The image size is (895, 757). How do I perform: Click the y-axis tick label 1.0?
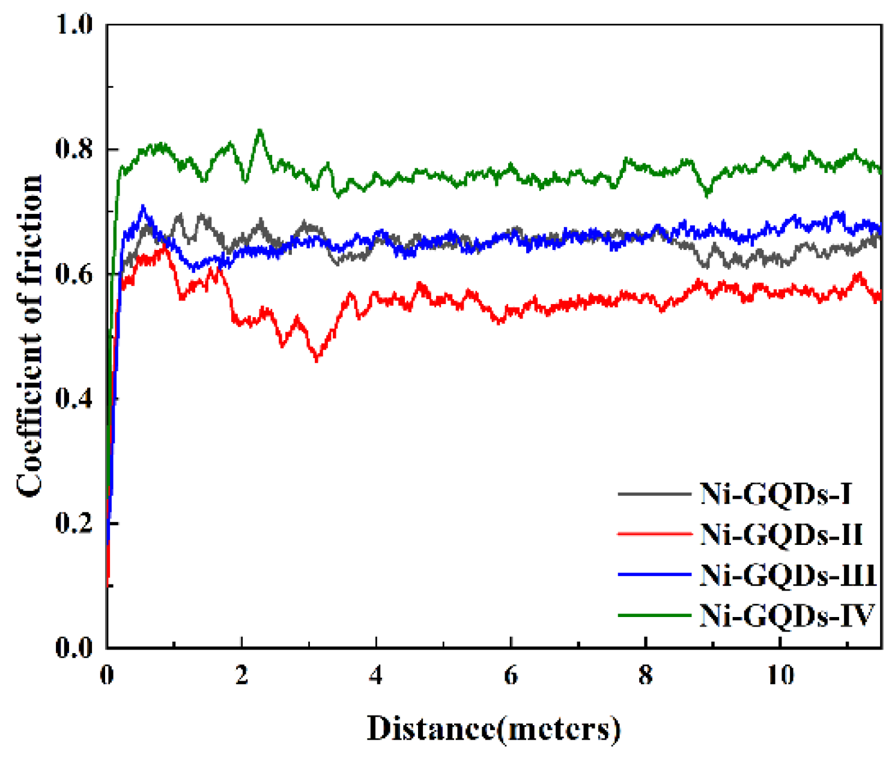click(74, 25)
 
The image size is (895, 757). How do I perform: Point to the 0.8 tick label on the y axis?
click(74, 150)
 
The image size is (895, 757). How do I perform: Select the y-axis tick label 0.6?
click(74, 275)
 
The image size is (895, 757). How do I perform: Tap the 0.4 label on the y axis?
click(74, 399)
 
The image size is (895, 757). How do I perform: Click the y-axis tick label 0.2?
click(74, 523)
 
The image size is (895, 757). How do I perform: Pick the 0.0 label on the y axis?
click(74, 648)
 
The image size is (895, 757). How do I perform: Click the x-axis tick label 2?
click(241, 675)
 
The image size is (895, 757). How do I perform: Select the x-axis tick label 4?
click(376, 675)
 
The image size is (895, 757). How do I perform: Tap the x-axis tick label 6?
click(511, 675)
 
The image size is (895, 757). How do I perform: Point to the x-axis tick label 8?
click(645, 675)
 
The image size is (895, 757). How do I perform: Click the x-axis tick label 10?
click(780, 675)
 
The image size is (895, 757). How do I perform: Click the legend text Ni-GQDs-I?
click(776, 494)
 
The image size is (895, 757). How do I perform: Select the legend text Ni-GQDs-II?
click(781, 535)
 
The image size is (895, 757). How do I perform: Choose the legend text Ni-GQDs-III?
click(787, 575)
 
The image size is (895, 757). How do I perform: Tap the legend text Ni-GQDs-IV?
click(786, 615)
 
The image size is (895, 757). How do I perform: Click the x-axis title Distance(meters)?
click(493, 729)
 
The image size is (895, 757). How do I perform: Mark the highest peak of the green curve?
click(259, 130)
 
